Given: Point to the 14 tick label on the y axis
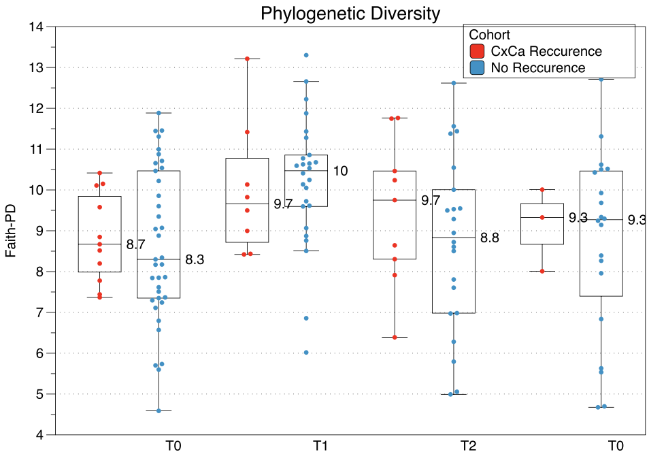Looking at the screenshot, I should (36, 27).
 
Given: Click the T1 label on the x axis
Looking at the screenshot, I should (320, 446).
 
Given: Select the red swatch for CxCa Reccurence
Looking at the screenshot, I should (477, 51).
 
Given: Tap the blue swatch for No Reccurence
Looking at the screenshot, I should (477, 67).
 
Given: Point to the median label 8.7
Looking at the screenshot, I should (135, 244).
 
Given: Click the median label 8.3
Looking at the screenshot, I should (195, 259).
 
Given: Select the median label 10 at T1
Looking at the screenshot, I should (340, 171).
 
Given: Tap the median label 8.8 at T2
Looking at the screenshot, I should (490, 238).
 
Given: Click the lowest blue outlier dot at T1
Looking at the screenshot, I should (306, 353).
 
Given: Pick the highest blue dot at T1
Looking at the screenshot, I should (306, 55).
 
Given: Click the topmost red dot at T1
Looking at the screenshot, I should (247, 59).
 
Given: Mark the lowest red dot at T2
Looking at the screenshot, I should (395, 337).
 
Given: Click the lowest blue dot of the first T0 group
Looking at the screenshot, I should (159, 411).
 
